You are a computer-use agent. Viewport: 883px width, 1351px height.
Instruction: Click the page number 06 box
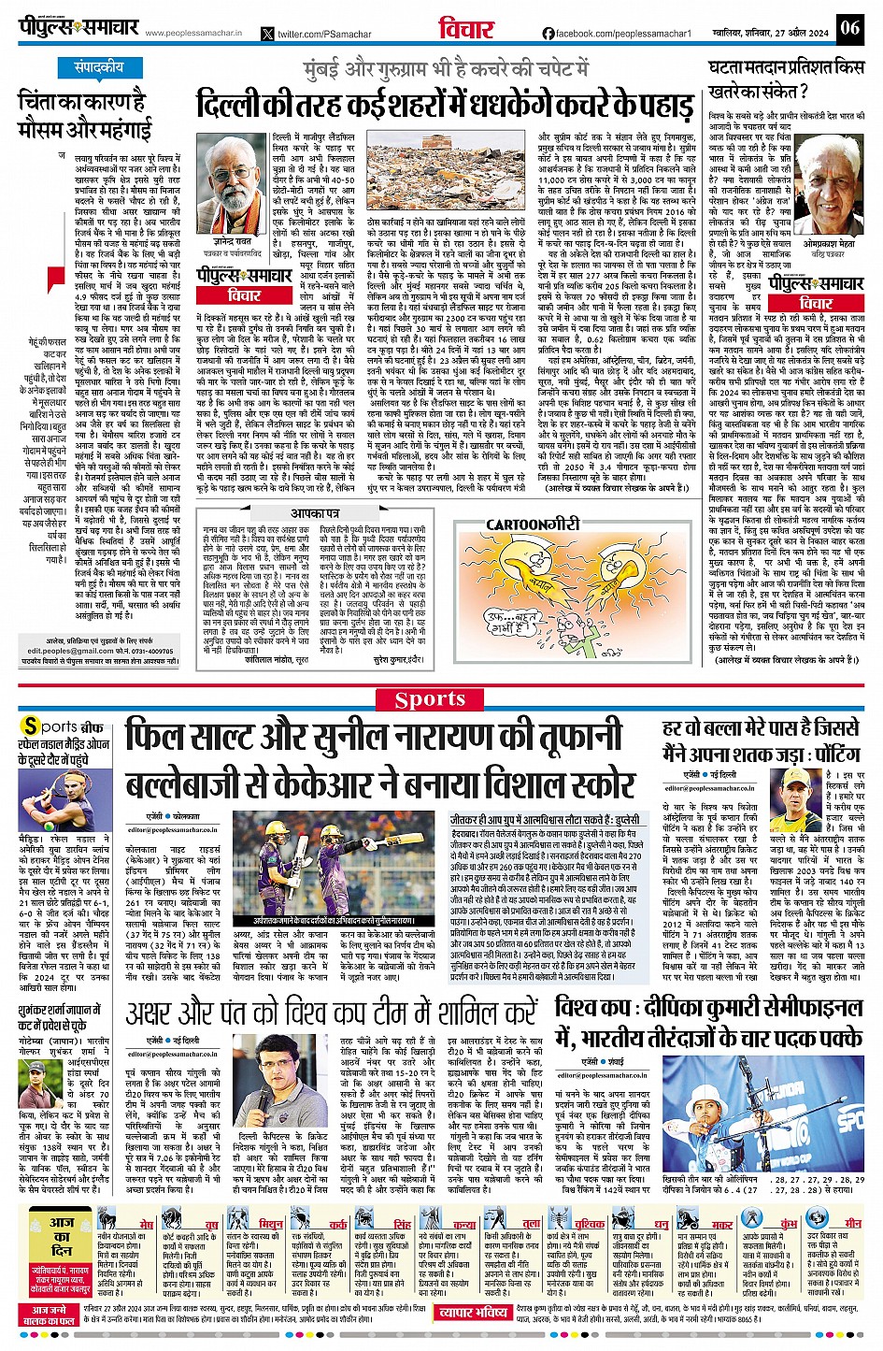tap(849, 27)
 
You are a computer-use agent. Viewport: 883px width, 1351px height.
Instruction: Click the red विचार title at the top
tap(466, 28)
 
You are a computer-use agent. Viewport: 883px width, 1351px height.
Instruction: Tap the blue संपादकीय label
tap(99, 67)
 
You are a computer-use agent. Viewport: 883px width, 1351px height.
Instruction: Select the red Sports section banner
tap(430, 698)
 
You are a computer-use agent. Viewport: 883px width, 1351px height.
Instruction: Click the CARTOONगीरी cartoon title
tap(534, 525)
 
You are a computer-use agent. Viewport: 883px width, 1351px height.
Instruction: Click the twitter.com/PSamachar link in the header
tap(316, 34)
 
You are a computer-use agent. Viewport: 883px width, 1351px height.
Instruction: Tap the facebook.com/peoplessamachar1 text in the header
tap(617, 34)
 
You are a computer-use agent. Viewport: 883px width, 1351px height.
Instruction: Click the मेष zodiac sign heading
tap(147, 1224)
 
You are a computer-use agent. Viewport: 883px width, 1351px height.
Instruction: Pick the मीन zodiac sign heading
tap(853, 1223)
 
